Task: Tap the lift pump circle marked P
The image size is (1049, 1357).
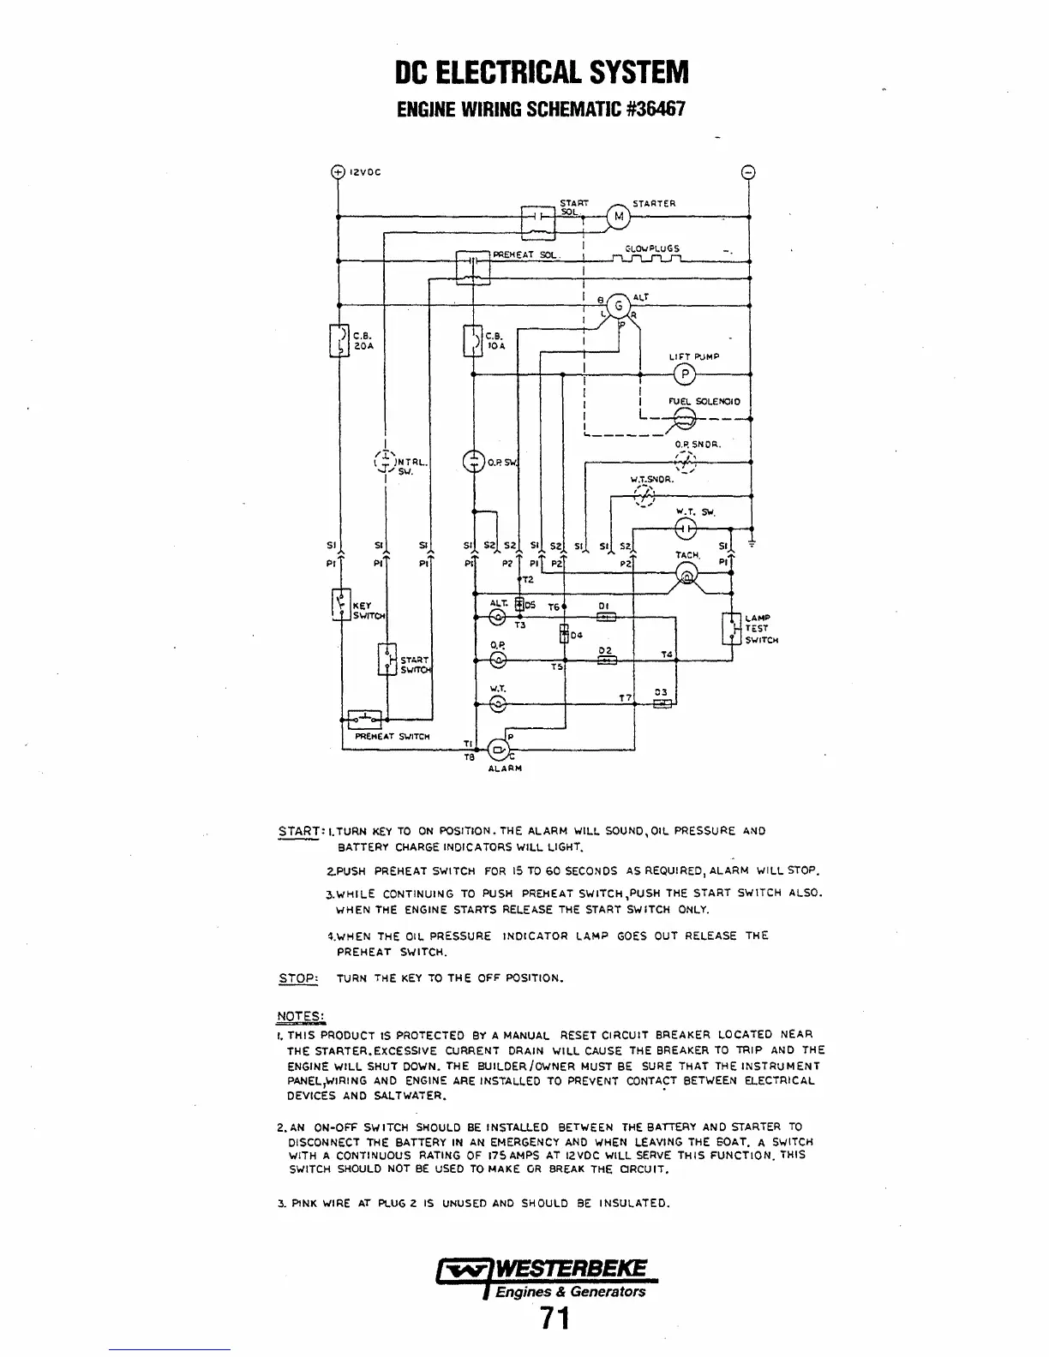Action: (684, 374)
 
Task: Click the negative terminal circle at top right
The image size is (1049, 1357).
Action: (749, 171)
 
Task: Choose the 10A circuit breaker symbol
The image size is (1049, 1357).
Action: (471, 339)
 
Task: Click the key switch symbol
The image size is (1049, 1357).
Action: (339, 605)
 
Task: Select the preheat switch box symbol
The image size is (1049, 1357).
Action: (365, 717)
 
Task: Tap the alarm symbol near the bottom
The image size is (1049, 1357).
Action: (497, 750)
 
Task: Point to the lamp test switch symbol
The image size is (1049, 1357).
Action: (731, 628)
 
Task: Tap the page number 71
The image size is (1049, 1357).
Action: (555, 1319)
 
